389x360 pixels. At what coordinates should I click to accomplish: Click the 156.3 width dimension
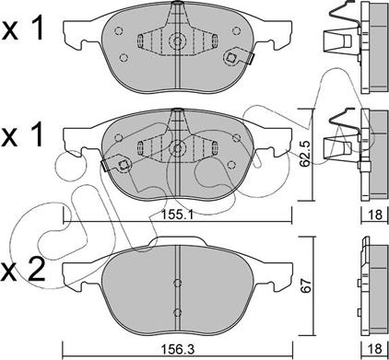click(x=179, y=349)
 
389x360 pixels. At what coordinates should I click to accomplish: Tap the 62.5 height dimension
click(x=304, y=154)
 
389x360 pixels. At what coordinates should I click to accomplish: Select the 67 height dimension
click(x=306, y=285)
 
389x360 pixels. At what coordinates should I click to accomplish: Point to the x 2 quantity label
click(x=23, y=270)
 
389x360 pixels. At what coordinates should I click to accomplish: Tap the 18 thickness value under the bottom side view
click(x=375, y=348)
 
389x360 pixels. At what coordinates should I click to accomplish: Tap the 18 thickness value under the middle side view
click(x=375, y=215)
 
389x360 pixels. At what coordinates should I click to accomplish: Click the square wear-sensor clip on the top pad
click(x=231, y=57)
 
